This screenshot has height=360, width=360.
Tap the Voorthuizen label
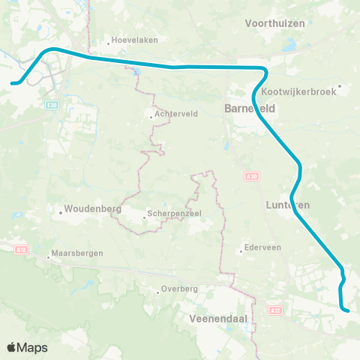[275, 23]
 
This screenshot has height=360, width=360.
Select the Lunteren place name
[288, 204]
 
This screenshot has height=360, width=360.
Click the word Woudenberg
[88, 208]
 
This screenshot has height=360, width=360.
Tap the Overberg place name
[181, 288]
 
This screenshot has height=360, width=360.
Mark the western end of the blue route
[13, 82]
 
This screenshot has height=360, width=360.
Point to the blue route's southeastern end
[349, 309]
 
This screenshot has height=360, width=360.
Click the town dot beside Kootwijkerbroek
[340, 85]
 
